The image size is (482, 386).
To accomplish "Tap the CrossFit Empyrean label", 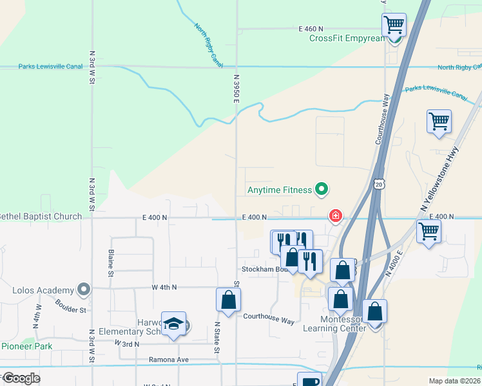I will coord(346,38).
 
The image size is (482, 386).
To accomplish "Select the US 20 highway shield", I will coord(378,185).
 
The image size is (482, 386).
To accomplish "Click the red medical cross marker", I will coord(335,216).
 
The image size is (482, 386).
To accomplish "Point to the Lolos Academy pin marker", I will coord(83,289).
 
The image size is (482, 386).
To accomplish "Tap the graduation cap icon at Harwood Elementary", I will coord(173,324).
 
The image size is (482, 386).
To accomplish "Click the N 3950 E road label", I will coord(236,87).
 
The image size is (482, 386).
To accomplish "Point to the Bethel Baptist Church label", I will coord(41,217).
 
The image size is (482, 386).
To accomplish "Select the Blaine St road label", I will coord(111,264).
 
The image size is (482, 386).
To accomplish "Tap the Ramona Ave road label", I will coord(168,360).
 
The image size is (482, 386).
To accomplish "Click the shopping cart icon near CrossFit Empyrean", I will coord(394,24).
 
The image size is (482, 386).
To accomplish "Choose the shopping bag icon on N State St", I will coord(228,299).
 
